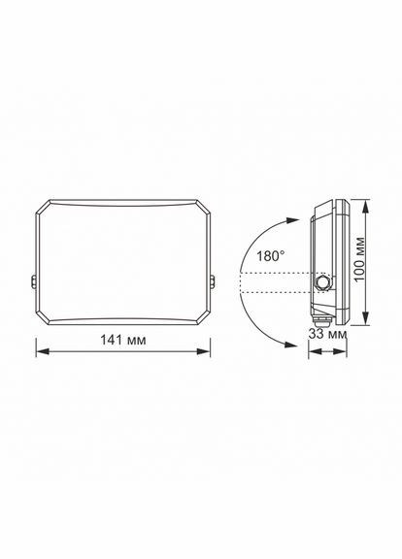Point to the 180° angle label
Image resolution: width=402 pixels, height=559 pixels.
click(271, 256)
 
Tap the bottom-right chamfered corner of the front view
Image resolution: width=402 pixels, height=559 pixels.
click(207, 318)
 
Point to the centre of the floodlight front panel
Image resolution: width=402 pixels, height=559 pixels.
click(124, 261)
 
